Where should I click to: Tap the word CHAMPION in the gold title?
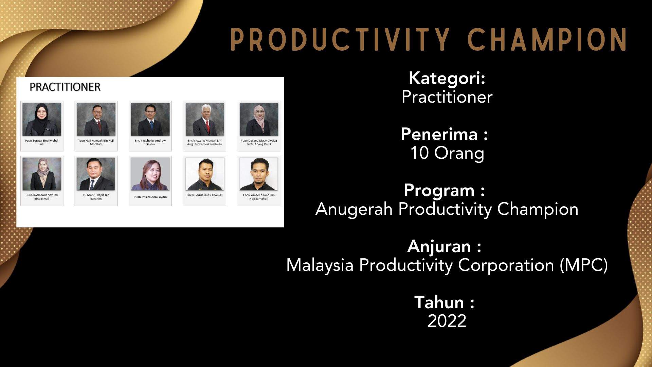(x=547, y=39)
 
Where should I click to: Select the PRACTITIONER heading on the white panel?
(x=65, y=87)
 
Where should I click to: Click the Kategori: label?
(x=447, y=78)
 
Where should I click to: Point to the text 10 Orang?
(x=447, y=153)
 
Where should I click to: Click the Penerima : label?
(x=444, y=134)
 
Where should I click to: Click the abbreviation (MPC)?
(x=584, y=265)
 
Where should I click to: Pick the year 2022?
(x=447, y=321)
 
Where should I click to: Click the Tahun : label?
(x=444, y=302)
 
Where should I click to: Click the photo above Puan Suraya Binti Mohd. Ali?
(x=42, y=119)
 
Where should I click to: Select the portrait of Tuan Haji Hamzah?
(x=96, y=119)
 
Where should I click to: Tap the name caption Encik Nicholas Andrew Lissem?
(x=150, y=142)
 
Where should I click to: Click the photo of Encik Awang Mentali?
(x=204, y=119)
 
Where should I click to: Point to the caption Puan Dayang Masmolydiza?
(x=259, y=142)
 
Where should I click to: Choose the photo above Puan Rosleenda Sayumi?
(x=42, y=174)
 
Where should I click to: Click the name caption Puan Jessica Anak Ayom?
(x=150, y=197)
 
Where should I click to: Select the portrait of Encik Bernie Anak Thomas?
(x=204, y=174)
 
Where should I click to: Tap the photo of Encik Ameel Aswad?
(x=259, y=174)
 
